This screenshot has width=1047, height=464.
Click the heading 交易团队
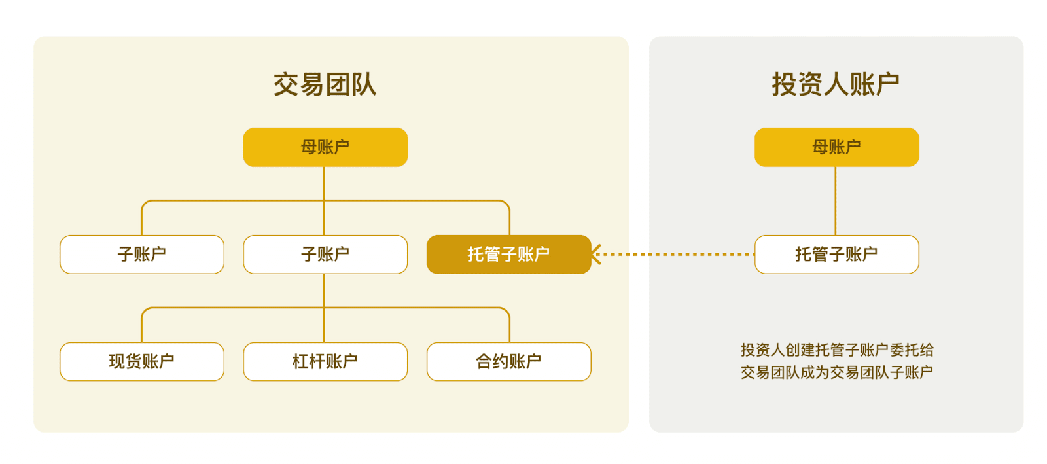325,84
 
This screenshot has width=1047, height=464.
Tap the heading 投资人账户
836,84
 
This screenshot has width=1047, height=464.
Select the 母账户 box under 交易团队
325,147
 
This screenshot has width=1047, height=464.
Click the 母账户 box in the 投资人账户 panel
837,147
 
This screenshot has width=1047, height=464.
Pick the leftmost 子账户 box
142,254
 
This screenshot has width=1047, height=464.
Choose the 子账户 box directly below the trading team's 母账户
325,254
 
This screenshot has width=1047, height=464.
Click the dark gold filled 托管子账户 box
509,254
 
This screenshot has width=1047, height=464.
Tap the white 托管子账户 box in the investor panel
837,254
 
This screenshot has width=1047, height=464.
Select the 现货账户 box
142,362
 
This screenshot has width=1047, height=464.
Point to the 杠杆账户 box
325,362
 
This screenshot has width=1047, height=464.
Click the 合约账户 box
509,362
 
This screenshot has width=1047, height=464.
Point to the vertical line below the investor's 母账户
836,201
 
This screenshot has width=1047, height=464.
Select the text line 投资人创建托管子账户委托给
837,349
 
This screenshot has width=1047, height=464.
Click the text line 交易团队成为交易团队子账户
837,372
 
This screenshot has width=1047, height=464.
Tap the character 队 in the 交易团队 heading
364,84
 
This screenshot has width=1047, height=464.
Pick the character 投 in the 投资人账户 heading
785,84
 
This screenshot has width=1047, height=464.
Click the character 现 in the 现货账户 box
117,362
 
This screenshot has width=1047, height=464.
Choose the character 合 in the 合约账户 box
484,362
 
